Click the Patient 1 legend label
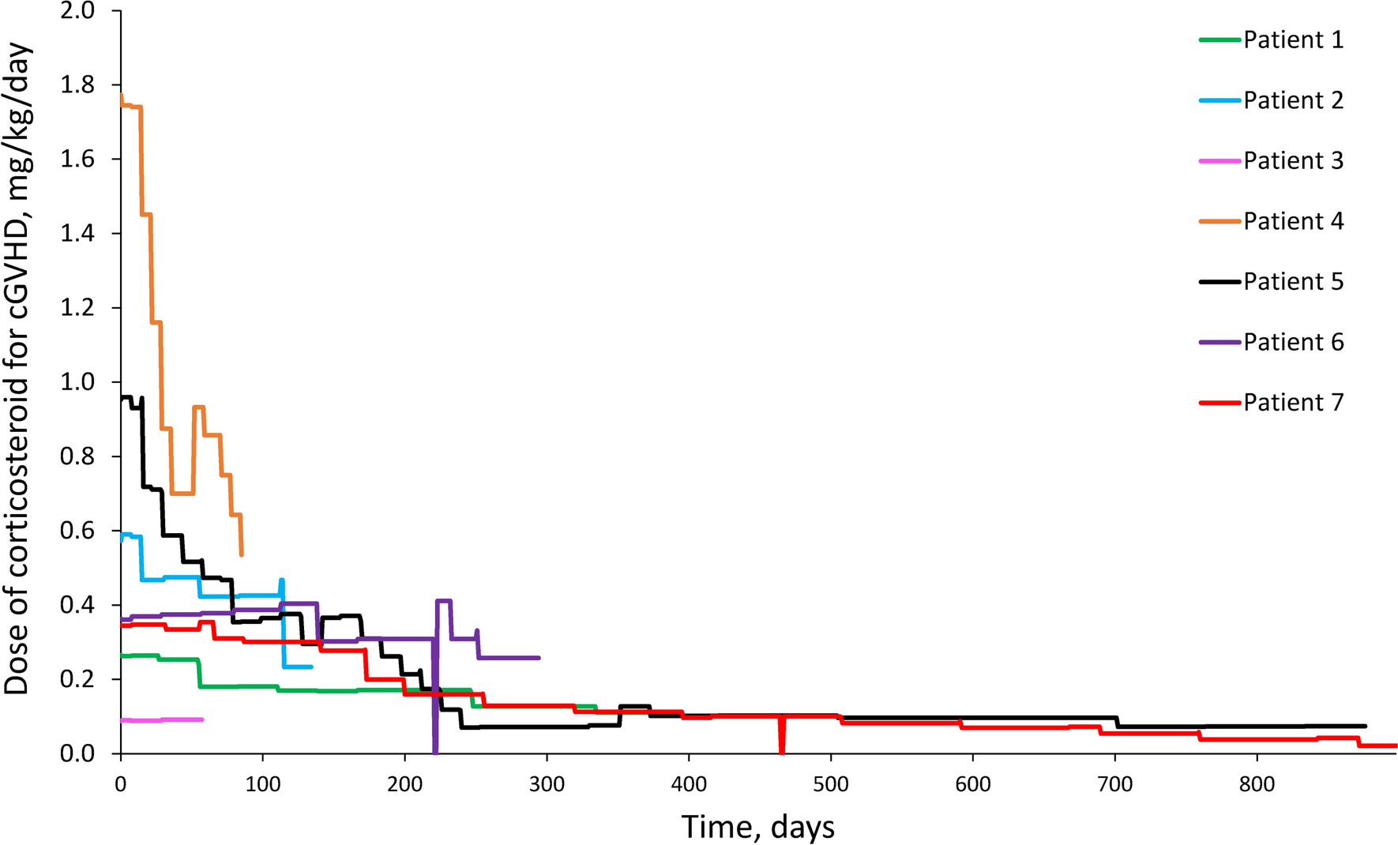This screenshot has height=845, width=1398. click(x=1293, y=39)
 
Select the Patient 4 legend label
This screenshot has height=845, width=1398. click(x=1293, y=221)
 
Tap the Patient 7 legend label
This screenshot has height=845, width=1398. click(x=1293, y=402)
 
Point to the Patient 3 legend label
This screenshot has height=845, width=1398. click(x=1293, y=160)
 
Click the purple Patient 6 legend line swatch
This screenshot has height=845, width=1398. click(x=1219, y=342)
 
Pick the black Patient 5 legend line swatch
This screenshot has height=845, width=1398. click(x=1219, y=282)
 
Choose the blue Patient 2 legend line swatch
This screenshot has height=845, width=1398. click(x=1219, y=100)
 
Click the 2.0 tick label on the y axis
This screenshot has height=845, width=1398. click(x=77, y=11)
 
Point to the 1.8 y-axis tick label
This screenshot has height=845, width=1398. click(x=77, y=85)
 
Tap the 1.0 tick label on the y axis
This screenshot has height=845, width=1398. click(x=77, y=382)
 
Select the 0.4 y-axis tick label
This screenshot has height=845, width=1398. click(x=77, y=605)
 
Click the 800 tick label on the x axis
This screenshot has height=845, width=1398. click(x=1257, y=784)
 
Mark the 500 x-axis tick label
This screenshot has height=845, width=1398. click(x=830, y=784)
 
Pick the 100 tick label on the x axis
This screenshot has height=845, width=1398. click(x=263, y=784)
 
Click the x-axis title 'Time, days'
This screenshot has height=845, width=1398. click(x=757, y=827)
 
